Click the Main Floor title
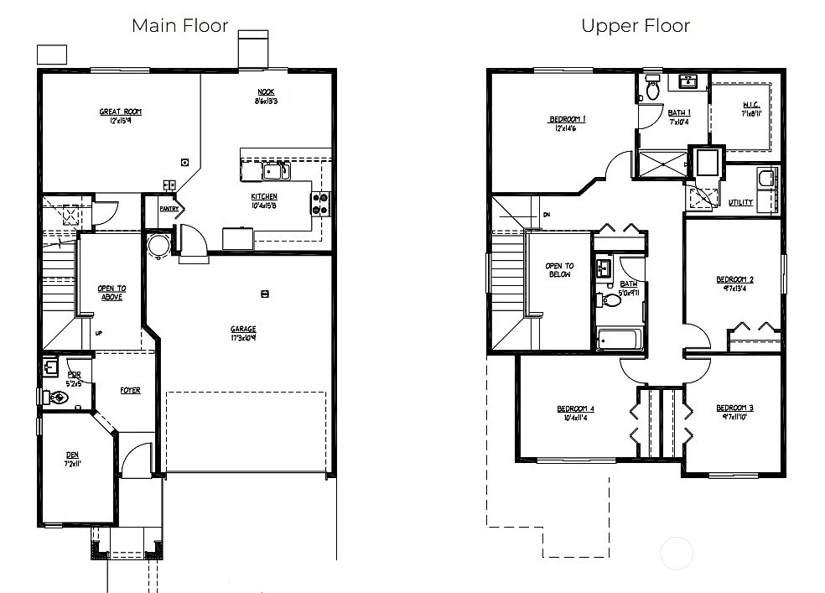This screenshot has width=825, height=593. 179,26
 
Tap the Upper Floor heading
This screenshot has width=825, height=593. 636,26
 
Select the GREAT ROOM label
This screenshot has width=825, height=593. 121,112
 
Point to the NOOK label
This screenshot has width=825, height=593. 266,92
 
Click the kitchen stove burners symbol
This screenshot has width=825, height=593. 321,204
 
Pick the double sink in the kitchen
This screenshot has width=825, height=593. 276,172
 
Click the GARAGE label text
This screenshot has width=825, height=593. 244,330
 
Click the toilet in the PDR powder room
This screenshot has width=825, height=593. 56,398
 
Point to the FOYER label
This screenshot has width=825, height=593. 130,390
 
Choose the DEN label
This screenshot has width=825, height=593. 73,455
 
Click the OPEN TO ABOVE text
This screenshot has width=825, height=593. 112,292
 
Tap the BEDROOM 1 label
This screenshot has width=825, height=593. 567,119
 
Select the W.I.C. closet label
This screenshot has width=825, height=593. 750,106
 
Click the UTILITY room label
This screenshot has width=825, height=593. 740,202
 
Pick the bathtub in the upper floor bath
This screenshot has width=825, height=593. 619,340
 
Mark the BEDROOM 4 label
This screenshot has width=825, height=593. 575,409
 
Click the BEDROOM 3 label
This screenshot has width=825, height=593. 734,408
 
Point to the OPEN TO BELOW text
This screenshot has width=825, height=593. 559,270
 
